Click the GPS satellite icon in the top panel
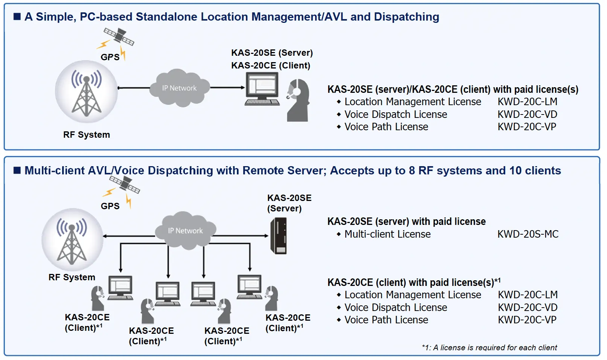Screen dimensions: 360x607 119,36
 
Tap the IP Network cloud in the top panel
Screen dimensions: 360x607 179,88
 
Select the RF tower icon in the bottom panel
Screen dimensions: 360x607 72,240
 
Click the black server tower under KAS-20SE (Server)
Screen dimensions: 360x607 279,236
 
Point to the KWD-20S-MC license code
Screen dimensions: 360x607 528,234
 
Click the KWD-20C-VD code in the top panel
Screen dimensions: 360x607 527,115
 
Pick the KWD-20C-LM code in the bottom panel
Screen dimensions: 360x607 528,295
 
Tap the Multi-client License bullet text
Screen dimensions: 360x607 387,234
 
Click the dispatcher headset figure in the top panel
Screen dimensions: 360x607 298,100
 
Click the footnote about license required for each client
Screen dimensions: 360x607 489,348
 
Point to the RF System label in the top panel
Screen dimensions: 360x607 86,135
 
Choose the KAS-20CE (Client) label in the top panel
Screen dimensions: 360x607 271,65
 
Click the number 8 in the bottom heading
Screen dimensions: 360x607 412,171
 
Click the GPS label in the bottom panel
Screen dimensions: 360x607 110,206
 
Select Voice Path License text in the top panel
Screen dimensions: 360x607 386,127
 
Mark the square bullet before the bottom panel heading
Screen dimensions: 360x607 17,171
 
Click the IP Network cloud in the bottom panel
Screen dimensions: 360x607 186,231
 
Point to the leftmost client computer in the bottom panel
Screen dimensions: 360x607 120,288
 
